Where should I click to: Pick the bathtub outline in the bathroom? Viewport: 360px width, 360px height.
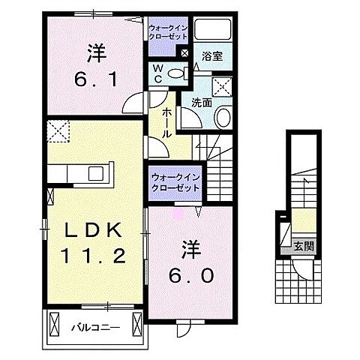click(214, 31)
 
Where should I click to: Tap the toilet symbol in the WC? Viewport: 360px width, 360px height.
click(175, 73)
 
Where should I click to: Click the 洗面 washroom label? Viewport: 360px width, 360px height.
click(202, 102)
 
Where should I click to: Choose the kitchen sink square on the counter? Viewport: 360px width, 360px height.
click(95, 173)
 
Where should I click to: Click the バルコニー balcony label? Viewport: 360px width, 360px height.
click(92, 327)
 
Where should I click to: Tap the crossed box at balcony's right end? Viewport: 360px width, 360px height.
click(136, 325)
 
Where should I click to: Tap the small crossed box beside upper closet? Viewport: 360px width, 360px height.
click(184, 53)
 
